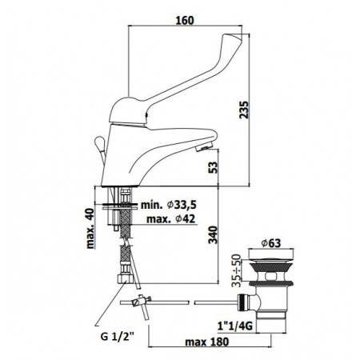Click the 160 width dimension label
click(185, 20)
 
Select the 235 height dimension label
click(243, 110)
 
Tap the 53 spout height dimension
click(213, 167)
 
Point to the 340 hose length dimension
click(213, 234)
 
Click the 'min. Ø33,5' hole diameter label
click(169, 205)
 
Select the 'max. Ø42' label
click(171, 219)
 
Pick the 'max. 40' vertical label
click(90, 229)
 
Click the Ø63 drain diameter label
click(271, 243)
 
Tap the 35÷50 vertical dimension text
click(236, 270)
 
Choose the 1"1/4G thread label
click(235, 326)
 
